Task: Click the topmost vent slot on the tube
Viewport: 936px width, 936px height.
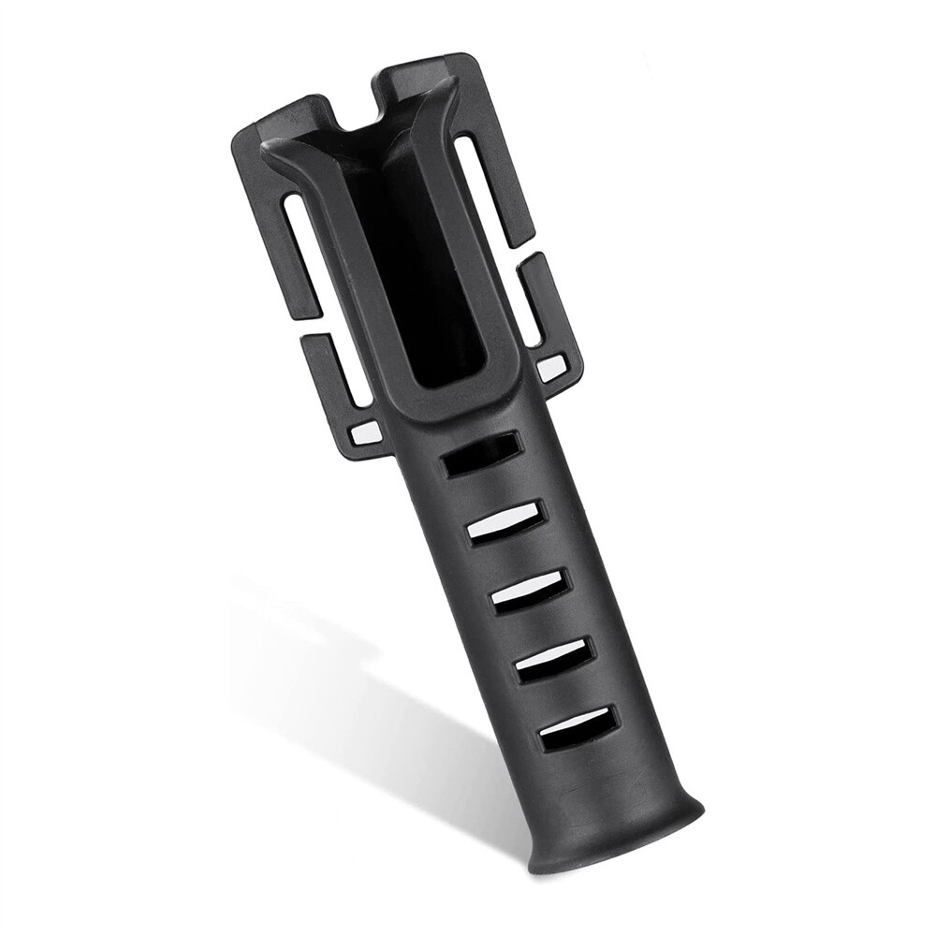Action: [x=481, y=454]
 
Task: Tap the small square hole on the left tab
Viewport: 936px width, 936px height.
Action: [x=365, y=432]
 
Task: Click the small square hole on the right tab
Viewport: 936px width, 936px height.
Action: [x=551, y=368]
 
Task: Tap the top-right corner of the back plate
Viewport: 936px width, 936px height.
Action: [x=473, y=64]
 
